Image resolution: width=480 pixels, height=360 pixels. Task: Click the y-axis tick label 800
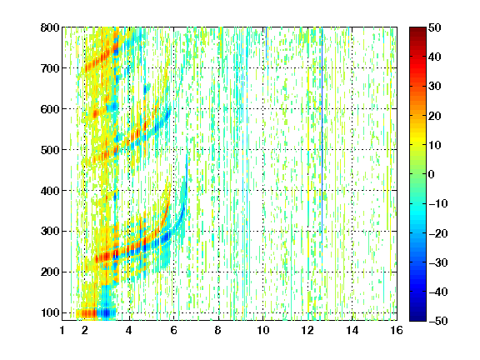[50, 27]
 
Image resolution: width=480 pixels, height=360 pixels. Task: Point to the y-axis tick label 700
[50, 68]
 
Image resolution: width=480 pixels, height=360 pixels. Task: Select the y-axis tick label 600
[50, 109]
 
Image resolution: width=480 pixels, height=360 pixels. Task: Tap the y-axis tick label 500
[50, 150]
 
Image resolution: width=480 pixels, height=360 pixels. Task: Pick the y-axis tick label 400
[50, 191]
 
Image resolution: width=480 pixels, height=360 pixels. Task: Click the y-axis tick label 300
[50, 231]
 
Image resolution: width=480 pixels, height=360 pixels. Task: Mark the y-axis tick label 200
[50, 272]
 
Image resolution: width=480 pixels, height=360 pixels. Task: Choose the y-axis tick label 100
[50, 312]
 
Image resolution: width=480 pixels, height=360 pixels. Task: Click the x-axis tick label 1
[62, 330]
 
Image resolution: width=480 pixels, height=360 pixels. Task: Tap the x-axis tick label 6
[174, 330]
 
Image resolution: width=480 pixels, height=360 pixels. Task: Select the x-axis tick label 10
[263, 330]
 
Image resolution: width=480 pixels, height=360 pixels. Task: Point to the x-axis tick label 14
[352, 330]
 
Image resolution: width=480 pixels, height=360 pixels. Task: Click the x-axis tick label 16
[397, 330]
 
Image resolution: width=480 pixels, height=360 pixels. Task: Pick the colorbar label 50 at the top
[434, 27]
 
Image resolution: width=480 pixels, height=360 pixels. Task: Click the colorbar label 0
[432, 174]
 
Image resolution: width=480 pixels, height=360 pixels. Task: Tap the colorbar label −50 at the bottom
[437, 321]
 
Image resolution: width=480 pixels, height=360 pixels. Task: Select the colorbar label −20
[437, 233]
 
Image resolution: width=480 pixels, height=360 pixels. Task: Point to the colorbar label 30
[434, 87]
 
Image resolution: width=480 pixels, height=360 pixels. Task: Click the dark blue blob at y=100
[106, 312]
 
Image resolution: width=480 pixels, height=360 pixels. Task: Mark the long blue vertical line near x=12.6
[322, 144]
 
